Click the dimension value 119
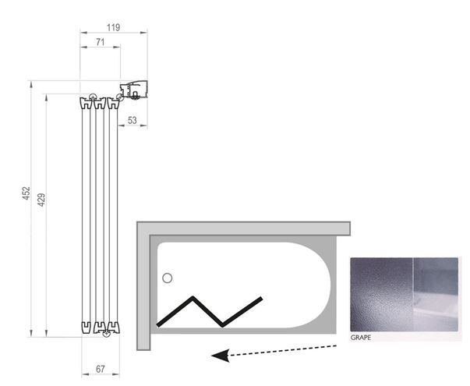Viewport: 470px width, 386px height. click(x=113, y=27)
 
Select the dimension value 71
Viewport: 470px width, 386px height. click(x=100, y=42)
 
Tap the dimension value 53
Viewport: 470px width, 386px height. click(x=133, y=120)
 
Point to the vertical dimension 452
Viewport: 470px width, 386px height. click(x=27, y=193)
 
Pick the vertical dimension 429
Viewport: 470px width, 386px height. click(x=41, y=200)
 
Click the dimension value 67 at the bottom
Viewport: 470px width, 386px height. click(x=101, y=369)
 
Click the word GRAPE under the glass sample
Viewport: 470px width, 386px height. click(x=361, y=338)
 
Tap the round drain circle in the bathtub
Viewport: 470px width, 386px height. click(x=168, y=278)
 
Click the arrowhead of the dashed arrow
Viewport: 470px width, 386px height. click(x=221, y=356)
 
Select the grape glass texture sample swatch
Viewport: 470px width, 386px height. click(x=404, y=294)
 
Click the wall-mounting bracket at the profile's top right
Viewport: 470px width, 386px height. click(x=134, y=90)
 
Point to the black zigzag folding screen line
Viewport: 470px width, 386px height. click(x=210, y=311)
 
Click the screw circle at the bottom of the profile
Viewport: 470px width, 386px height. click(x=105, y=334)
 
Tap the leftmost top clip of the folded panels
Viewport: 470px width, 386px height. click(x=86, y=104)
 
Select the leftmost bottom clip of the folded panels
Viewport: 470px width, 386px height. click(x=86, y=328)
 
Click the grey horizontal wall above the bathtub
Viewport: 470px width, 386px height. click(x=243, y=228)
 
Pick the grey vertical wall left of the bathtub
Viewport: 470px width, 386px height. click(x=143, y=286)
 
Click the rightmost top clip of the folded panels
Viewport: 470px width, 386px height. click(x=113, y=104)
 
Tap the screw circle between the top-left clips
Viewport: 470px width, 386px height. click(x=93, y=97)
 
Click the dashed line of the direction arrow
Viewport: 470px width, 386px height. click(x=282, y=351)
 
